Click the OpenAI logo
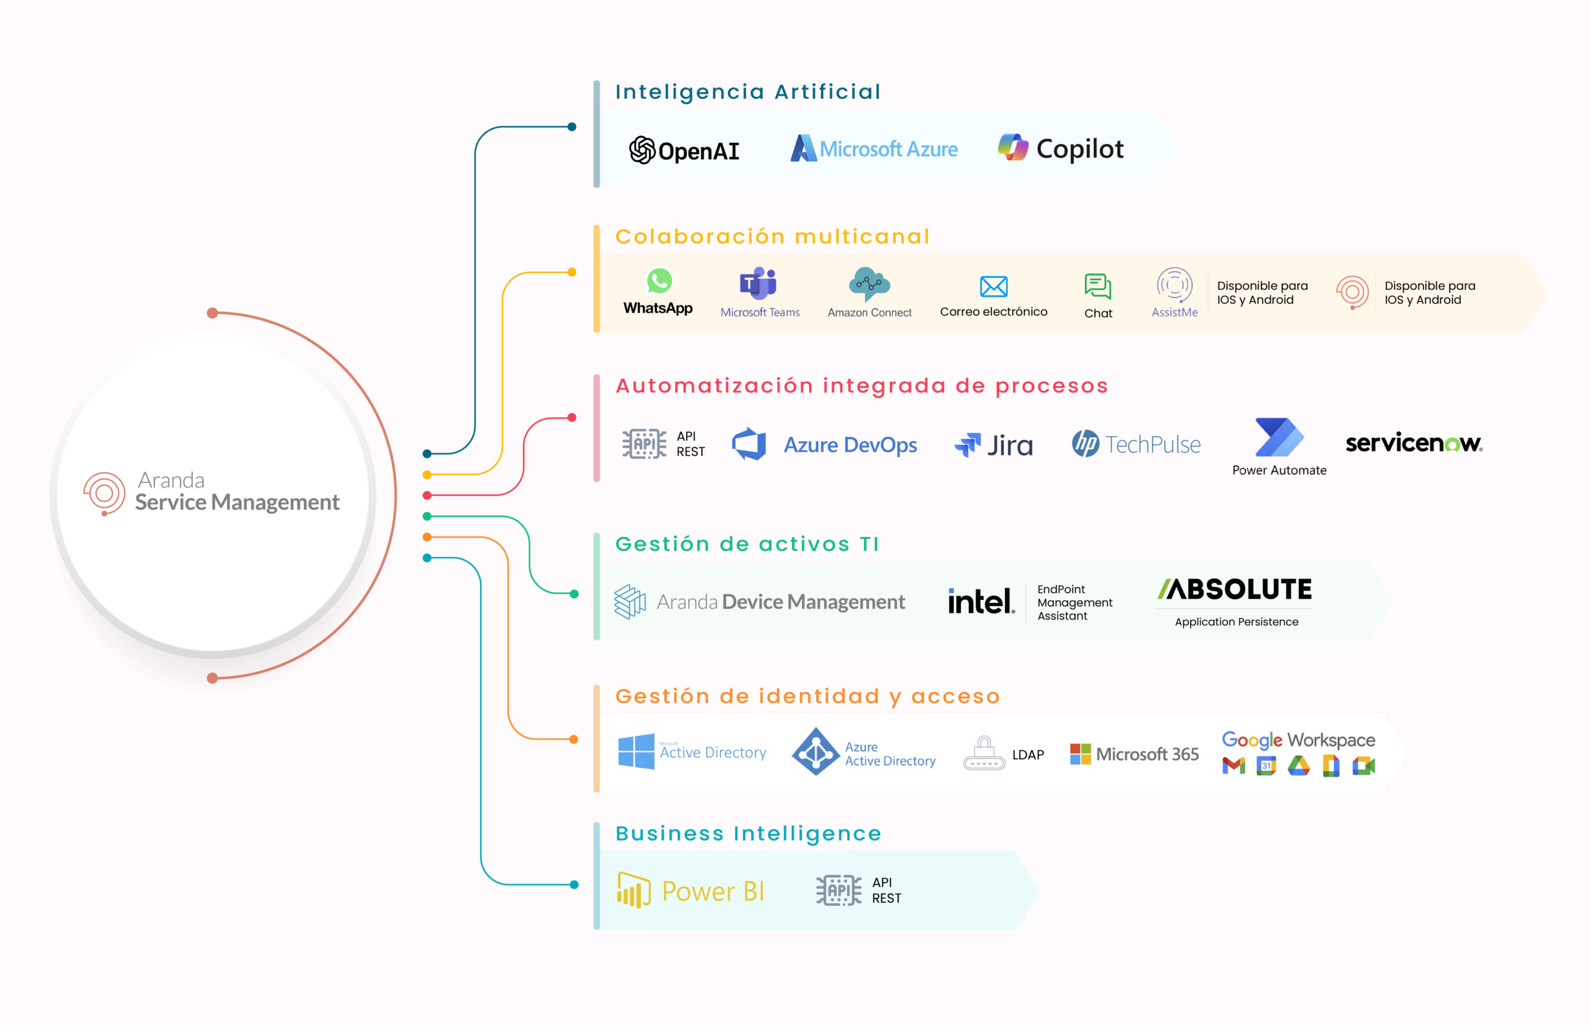tap(684, 150)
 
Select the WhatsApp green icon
tap(659, 281)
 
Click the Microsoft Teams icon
tap(758, 283)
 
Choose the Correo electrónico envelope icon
tap(994, 287)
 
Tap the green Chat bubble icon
tap(1097, 287)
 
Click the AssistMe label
tap(1174, 312)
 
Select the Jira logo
tap(994, 445)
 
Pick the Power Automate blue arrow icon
tap(1279, 437)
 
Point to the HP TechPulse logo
tap(1136, 443)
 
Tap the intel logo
tap(981, 601)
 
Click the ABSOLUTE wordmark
tap(1235, 589)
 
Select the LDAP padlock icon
tap(984, 753)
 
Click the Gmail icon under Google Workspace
tap(1234, 766)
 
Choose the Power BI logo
tap(690, 891)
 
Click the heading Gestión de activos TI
tap(747, 544)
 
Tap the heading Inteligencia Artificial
tap(748, 92)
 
